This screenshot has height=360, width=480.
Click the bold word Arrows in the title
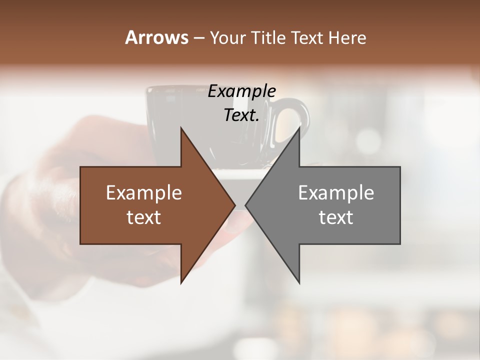tap(156, 37)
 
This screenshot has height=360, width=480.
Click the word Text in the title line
tap(306, 37)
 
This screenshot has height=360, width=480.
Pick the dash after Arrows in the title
tap(199, 38)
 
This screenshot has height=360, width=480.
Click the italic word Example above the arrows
tap(241, 91)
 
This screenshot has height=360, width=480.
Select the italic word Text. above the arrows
tap(241, 115)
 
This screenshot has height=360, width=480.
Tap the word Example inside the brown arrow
tap(144, 192)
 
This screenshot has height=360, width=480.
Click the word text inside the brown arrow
tap(144, 217)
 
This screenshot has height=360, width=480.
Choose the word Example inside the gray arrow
tap(336, 192)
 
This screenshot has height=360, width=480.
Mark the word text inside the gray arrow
tap(336, 217)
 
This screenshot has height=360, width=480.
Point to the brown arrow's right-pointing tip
tap(234, 205)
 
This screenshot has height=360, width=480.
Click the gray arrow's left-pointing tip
tap(246, 205)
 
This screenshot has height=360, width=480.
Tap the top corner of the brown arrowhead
tap(181, 128)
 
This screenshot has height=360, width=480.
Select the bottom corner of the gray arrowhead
tap(299, 282)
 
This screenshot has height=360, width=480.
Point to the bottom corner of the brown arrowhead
tap(181, 282)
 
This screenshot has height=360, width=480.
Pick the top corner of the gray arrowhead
tap(299, 128)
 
